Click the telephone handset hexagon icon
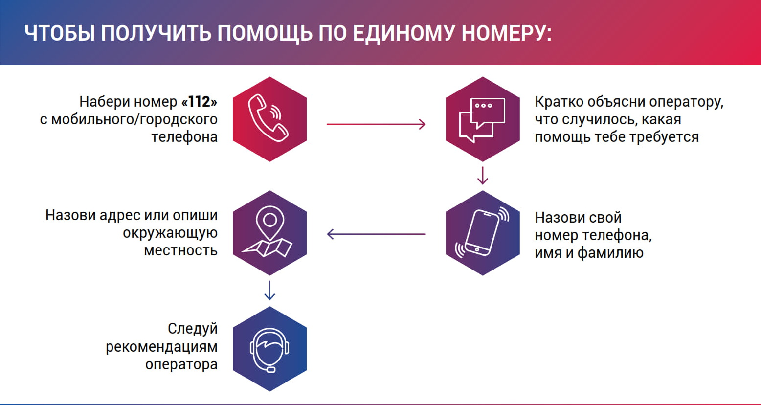point(269,119)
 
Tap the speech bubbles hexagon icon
point(482,119)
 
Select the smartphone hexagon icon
point(482,233)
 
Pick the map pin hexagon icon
point(269,233)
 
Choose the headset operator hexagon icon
point(269,349)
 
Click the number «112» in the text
point(199,102)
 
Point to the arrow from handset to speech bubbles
point(376,124)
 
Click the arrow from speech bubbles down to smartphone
point(483,176)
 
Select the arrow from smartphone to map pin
point(376,234)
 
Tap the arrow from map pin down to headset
point(269,290)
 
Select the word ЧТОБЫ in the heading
point(59,33)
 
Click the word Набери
point(104,102)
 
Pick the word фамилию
point(610,253)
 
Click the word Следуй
point(192,329)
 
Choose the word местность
point(180,250)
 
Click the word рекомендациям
point(161,347)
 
